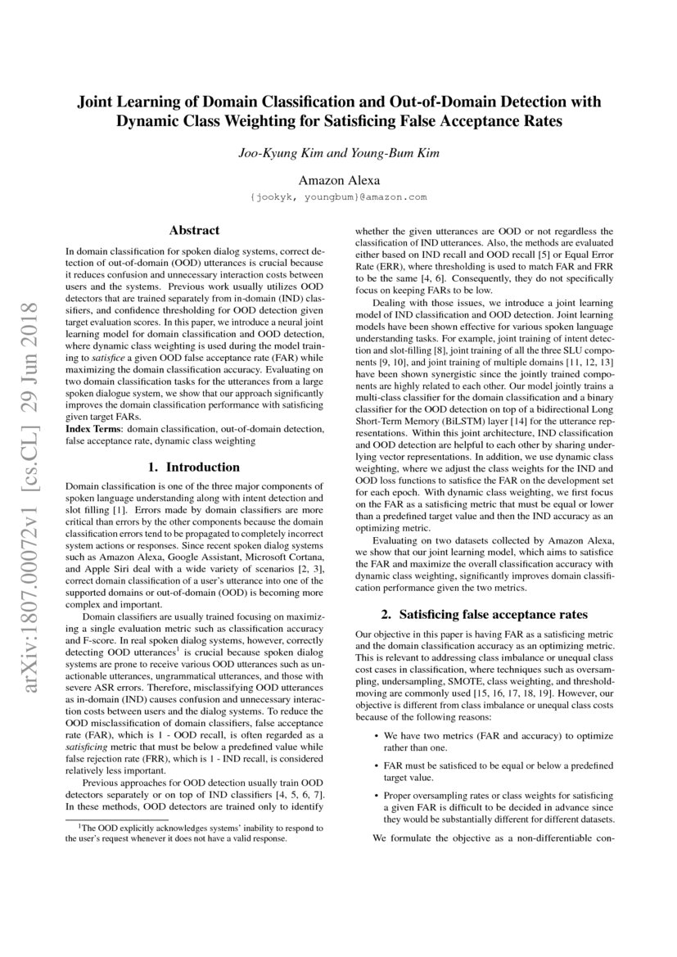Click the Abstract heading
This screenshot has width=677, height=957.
[194, 232]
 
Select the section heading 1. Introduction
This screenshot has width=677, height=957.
[194, 467]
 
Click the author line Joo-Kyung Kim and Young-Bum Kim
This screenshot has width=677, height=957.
[338, 153]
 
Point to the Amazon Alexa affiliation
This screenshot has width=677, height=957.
[338, 180]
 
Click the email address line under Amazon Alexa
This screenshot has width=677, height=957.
[338, 197]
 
